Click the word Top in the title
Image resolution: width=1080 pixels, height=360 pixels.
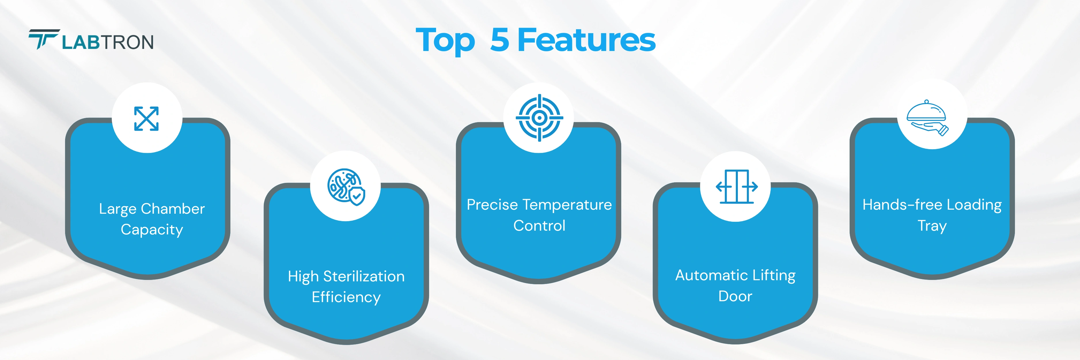(x=445, y=40)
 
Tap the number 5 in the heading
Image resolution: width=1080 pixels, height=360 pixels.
(x=500, y=40)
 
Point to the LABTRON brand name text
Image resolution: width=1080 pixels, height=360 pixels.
(x=108, y=42)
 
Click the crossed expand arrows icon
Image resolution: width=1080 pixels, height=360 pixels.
(x=146, y=119)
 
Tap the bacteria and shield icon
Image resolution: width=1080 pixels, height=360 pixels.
(x=346, y=187)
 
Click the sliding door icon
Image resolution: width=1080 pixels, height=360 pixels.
(x=737, y=187)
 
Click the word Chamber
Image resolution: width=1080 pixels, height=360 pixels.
(x=173, y=209)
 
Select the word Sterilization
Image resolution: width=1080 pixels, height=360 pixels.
(x=364, y=276)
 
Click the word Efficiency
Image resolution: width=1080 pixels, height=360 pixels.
(x=346, y=297)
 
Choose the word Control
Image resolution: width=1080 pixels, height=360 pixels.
(x=539, y=226)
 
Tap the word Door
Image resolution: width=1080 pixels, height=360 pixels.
(x=735, y=296)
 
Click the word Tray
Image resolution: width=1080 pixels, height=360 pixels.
(x=932, y=226)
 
